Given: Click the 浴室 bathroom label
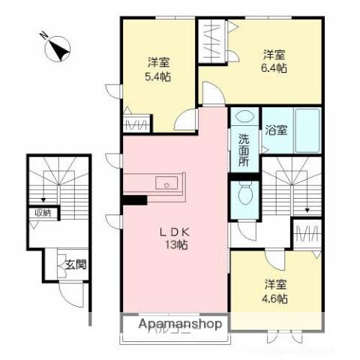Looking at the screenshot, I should click(274, 130).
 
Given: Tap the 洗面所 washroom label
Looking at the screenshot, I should click(244, 151).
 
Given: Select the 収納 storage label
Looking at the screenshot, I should click(41, 213).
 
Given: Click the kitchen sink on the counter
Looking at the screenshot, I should click(166, 183).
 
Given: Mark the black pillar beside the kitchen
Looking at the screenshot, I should click(134, 200).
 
